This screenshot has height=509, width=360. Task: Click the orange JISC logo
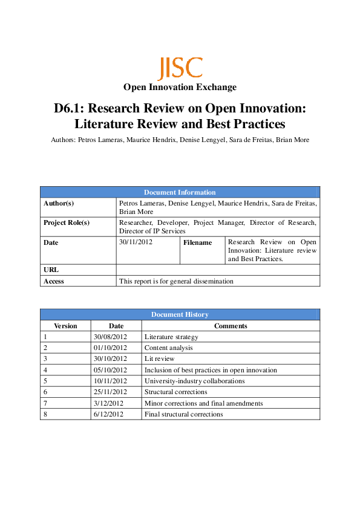coord(180,68)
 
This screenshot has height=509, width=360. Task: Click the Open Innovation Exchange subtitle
coord(180,88)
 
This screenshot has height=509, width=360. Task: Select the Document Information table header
coord(180,192)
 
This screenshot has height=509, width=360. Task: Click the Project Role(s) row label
coord(67,222)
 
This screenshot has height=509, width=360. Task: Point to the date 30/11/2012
coord(136,242)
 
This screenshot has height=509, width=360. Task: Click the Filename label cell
coord(198,243)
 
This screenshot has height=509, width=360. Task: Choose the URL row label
coord(51,270)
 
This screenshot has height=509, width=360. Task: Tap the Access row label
coord(54,281)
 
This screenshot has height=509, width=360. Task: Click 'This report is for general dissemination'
coord(176,281)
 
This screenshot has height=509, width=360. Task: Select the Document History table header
coord(180,314)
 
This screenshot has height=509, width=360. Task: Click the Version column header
coord(65,326)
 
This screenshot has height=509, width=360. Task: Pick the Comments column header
coord(231,326)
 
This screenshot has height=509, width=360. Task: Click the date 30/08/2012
coord(110,337)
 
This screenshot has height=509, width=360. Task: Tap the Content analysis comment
coord(168,348)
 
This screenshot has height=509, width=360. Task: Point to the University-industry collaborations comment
coord(194,381)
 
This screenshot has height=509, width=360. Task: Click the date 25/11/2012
coord(110,392)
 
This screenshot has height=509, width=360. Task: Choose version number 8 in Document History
coord(45,414)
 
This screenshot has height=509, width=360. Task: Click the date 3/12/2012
coord(108,403)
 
